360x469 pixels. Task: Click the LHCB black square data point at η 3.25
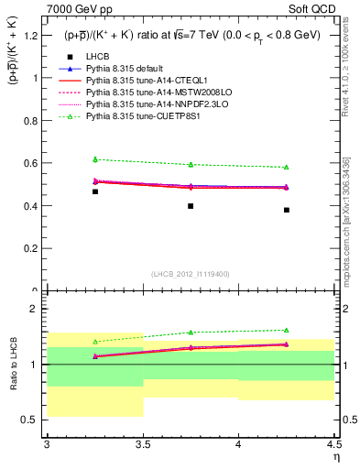95,191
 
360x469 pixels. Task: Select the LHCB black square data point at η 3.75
191,206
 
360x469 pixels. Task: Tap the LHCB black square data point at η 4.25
287,210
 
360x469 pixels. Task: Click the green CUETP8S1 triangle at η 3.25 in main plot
95,159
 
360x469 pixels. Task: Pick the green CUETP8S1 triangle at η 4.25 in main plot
287,167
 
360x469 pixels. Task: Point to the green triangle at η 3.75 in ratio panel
191,333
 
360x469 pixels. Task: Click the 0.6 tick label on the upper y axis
31,163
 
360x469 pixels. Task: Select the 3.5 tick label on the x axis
143,444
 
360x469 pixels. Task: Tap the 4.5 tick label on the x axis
333,444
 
